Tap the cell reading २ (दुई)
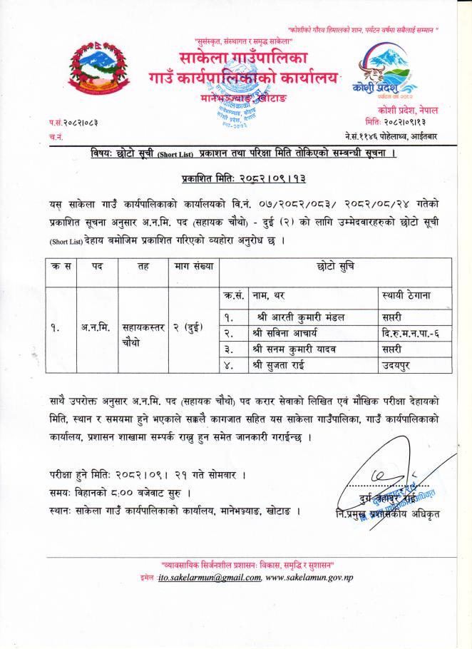189,329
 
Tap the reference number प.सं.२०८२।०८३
73,123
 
